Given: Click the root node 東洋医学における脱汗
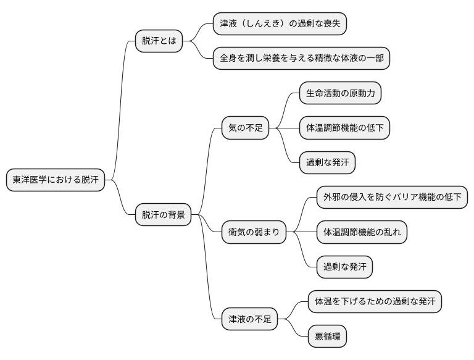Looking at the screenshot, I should coord(55,180).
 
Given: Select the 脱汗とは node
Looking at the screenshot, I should coord(159,41).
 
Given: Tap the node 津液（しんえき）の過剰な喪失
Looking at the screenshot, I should coord(280,24).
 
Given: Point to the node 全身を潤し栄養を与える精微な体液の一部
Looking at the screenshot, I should coord(301,59).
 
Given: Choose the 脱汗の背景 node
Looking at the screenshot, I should coord(163,215).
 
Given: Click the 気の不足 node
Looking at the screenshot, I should coord(245,128).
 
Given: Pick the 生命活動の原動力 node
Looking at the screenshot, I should coord(340,94).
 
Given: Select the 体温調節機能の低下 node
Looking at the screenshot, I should coord(344,128).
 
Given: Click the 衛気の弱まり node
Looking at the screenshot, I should coord(254,232).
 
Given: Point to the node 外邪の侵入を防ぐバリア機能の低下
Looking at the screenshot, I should coord(392,198).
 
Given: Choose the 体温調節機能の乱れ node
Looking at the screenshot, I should coord(362,232).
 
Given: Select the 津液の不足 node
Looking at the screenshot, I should coord(249,320).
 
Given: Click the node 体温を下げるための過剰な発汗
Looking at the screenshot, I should coord(375,302).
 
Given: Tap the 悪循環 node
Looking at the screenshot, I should coord(327,337).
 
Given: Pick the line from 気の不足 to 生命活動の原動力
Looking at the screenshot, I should coord(285,110).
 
